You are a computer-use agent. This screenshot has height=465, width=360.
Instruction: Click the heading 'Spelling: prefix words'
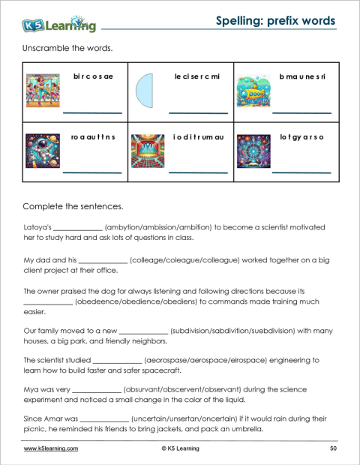[x=275, y=20]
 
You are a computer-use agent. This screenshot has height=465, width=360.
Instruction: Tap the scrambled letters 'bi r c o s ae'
[x=93, y=76]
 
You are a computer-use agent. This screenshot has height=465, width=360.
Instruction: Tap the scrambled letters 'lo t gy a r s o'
[x=301, y=137]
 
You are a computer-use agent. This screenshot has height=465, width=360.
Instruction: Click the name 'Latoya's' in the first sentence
[x=37, y=226]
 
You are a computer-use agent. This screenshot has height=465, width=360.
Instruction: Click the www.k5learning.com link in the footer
[x=51, y=448]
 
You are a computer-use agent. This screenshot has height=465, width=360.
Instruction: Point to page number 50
[x=332, y=448]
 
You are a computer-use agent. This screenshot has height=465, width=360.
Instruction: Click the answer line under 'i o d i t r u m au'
[x=198, y=172]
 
